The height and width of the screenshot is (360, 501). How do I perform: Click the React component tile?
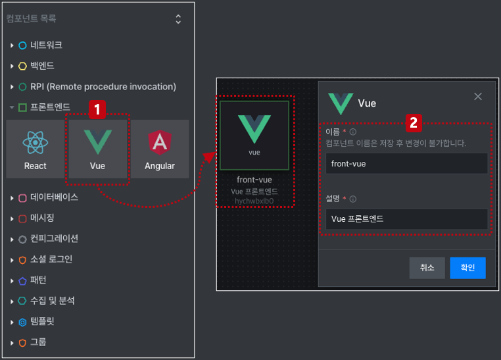point(35,149)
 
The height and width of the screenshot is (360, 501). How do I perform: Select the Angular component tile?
point(160,149)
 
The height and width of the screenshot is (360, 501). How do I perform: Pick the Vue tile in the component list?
point(97,149)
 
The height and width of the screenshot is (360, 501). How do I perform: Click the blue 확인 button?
point(467,268)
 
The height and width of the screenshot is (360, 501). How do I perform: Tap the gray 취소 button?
point(427,268)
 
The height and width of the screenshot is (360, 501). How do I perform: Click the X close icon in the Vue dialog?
point(478,97)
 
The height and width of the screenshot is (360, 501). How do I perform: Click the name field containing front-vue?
point(406,163)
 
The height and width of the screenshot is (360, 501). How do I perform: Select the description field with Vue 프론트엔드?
point(406,219)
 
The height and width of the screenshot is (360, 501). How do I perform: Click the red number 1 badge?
point(97,110)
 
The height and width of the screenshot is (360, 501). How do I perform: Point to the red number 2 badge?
point(414,123)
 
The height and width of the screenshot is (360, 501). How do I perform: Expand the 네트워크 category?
point(46,45)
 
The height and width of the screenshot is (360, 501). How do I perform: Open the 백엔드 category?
point(42,66)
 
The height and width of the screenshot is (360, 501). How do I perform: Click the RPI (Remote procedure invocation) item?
point(103,87)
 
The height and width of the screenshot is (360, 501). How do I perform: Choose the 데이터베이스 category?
point(54,197)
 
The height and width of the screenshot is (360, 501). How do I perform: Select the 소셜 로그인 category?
point(51,259)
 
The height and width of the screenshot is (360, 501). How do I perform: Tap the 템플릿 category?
point(42,321)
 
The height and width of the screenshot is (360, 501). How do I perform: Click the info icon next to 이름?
point(353,132)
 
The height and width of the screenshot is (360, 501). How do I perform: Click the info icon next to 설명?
point(353,199)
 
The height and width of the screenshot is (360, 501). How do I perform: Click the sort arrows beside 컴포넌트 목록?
point(178,19)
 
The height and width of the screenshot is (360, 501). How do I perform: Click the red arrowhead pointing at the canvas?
point(210,157)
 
